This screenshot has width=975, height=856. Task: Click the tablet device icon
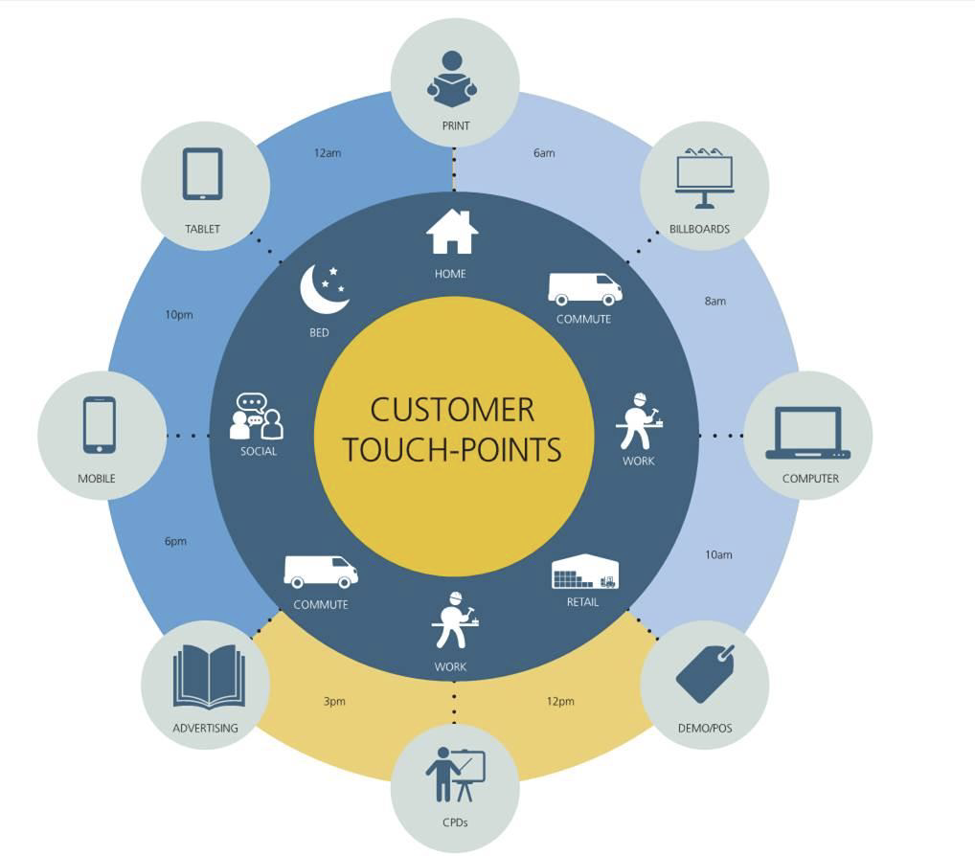click(202, 174)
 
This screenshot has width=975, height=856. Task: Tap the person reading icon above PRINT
click(452, 78)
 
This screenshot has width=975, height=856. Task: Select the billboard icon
click(704, 177)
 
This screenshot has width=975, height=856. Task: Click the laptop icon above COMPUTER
click(807, 433)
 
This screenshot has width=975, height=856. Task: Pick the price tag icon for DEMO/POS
click(705, 673)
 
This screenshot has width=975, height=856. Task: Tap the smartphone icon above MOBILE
click(100, 425)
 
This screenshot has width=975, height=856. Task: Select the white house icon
click(451, 232)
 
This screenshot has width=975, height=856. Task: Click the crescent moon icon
click(323, 288)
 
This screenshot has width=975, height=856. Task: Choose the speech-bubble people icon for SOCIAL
click(257, 417)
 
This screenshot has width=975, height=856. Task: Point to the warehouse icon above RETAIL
click(585, 573)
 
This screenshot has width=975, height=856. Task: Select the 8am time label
click(715, 301)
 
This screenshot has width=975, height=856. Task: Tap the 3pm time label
click(334, 701)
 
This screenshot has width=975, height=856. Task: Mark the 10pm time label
click(179, 314)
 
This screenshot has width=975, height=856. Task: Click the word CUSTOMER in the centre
click(452, 410)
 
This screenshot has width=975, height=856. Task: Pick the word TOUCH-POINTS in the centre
click(452, 450)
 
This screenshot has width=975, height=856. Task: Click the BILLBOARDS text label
click(700, 229)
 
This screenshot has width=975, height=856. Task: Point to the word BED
click(320, 332)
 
